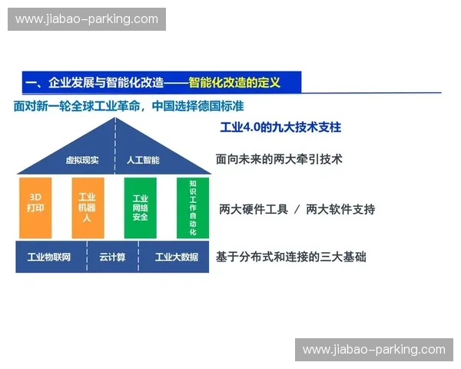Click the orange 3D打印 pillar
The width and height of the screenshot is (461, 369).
click(x=35, y=208)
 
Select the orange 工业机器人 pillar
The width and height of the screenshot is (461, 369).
click(x=87, y=208)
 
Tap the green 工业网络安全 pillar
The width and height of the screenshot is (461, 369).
click(x=140, y=208)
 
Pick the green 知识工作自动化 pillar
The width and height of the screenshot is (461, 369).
click(x=192, y=208)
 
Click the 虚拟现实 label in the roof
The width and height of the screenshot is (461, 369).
click(x=82, y=161)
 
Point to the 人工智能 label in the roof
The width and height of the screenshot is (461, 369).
click(x=142, y=161)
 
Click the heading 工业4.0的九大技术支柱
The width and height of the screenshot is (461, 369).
click(x=280, y=127)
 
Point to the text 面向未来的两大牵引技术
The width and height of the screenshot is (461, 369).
click(x=278, y=160)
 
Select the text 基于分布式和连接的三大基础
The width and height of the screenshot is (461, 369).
click(x=290, y=257)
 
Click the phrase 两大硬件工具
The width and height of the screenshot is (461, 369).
click(x=251, y=209)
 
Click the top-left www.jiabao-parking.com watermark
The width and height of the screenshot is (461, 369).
click(x=86, y=19)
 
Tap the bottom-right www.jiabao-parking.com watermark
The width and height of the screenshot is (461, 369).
click(x=374, y=350)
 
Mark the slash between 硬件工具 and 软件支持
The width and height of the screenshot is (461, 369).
click(x=296, y=209)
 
